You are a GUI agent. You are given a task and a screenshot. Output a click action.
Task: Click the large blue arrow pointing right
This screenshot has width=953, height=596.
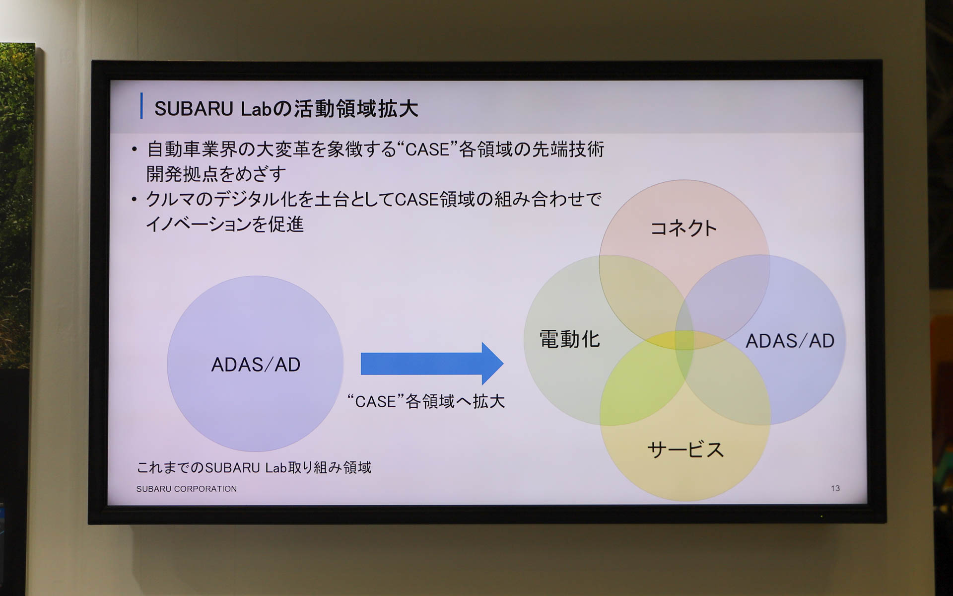click(431, 364)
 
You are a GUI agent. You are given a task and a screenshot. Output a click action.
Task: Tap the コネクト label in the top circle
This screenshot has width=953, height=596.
click(683, 228)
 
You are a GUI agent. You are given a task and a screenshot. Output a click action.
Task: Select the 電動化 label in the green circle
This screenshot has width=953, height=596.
click(569, 340)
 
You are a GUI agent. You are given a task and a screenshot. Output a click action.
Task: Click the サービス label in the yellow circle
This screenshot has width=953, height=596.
click(685, 449)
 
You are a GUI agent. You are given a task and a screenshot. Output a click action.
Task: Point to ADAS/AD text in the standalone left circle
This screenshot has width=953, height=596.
click(256, 365)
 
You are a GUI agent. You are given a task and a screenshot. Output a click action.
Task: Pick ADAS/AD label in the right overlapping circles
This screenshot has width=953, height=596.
click(789, 341)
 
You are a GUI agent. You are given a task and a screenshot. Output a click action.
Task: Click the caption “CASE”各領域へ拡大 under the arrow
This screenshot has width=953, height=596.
click(426, 401)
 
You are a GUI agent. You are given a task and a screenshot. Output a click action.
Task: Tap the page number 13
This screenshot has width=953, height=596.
click(835, 488)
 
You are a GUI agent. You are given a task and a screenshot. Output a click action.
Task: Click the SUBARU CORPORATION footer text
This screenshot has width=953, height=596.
click(186, 489)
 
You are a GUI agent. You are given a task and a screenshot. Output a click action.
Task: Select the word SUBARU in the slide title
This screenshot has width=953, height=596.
click(194, 109)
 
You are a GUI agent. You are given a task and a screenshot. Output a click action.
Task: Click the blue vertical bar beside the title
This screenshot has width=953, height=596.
click(141, 106)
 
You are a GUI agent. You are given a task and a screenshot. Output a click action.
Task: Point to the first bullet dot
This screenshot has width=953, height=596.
click(134, 149)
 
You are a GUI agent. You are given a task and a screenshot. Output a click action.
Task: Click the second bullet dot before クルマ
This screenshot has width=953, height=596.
click(134, 200)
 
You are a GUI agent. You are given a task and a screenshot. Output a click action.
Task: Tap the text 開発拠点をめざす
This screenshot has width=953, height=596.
click(216, 174)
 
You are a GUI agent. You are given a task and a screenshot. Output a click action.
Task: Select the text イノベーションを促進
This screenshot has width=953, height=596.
click(224, 224)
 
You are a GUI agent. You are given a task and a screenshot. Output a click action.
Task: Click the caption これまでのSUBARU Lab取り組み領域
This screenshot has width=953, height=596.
click(254, 467)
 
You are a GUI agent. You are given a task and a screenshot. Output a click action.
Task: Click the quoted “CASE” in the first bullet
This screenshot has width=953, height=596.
click(426, 149)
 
